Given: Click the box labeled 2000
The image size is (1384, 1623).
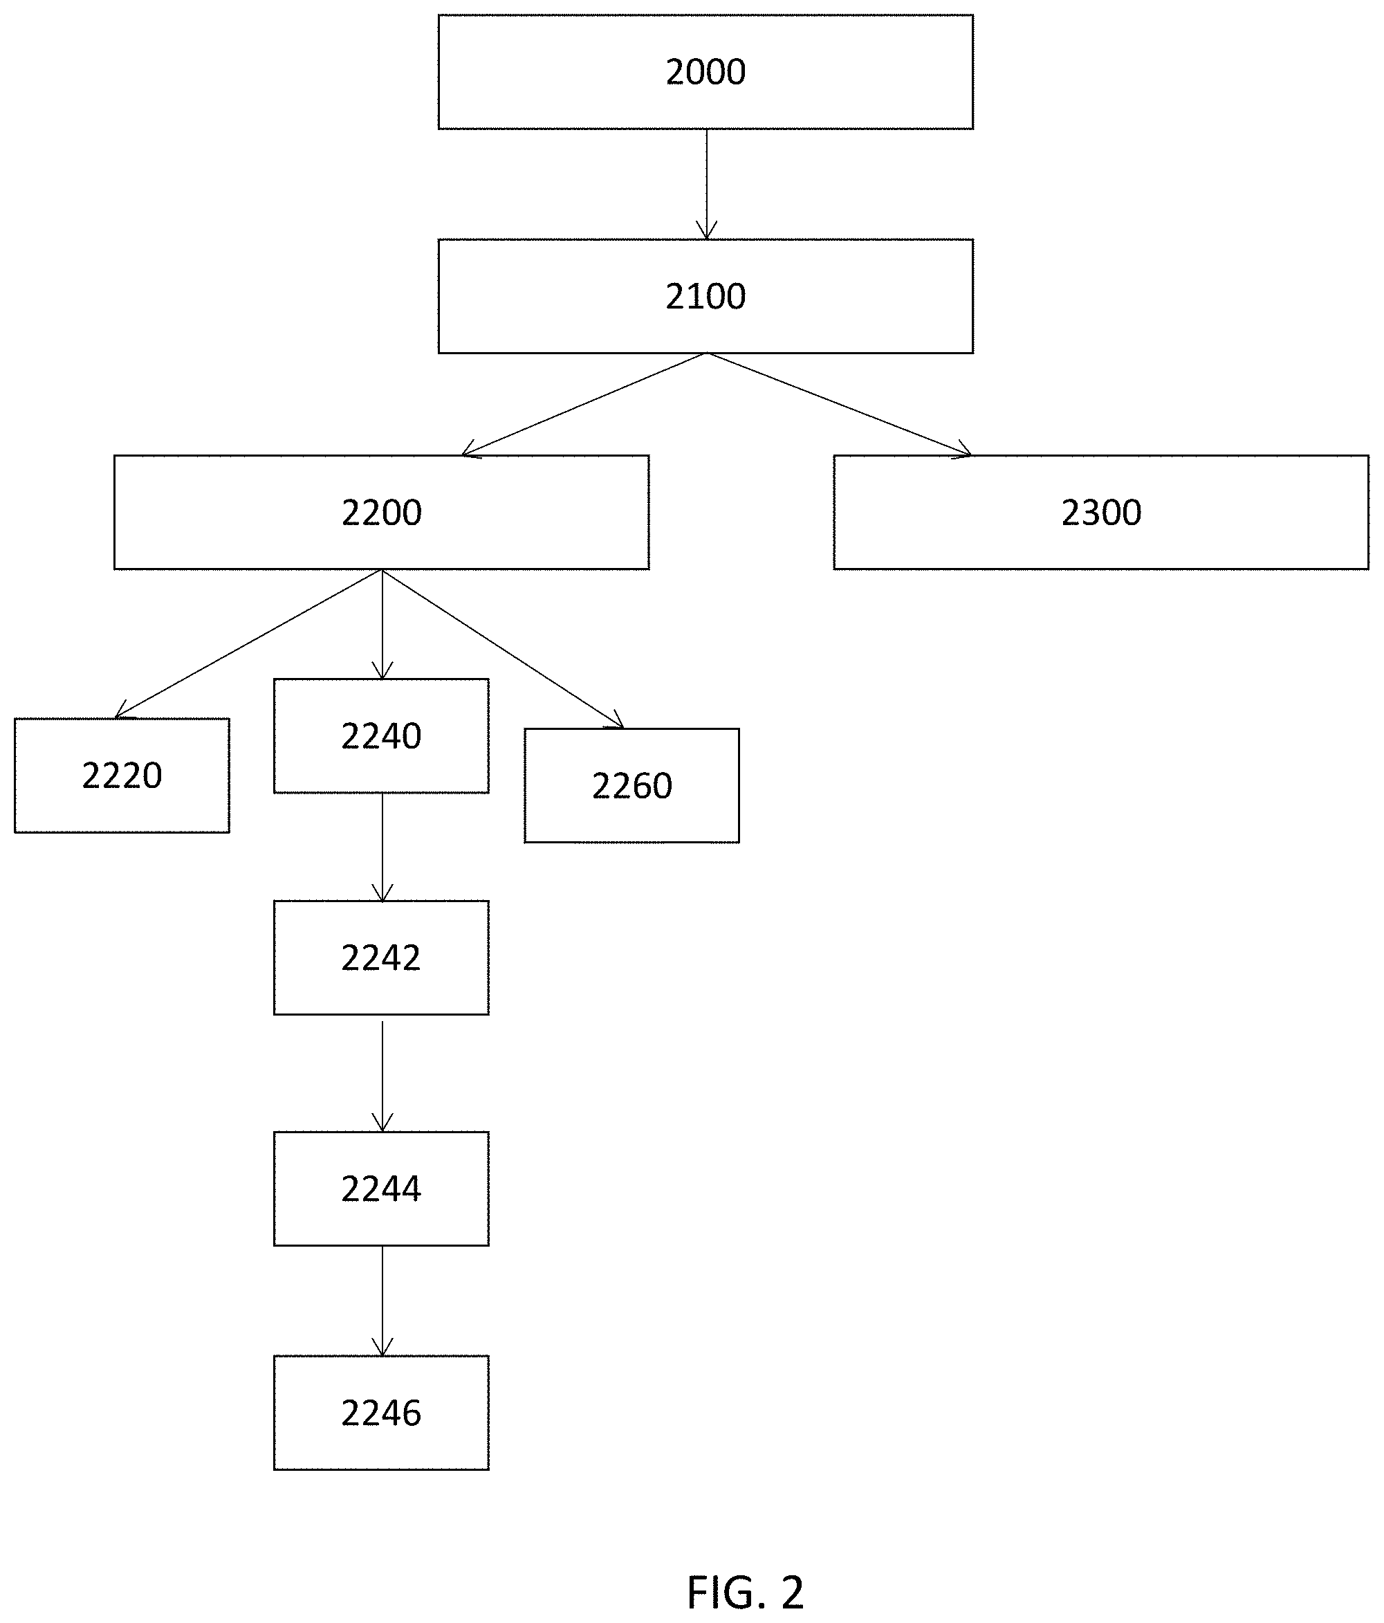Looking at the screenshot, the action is pos(705,71).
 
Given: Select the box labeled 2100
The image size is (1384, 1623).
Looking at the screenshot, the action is pos(705,296).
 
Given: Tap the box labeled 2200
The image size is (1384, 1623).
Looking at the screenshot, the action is pos(381,512).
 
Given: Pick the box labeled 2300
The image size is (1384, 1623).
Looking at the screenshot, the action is pos(1101,512).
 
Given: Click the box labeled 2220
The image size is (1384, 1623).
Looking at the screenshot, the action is pos(122,776).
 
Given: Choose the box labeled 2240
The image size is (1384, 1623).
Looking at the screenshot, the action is pos(381,735).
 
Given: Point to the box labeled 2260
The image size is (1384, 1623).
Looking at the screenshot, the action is pos(632,786).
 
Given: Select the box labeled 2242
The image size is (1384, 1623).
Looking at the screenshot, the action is pos(381,957).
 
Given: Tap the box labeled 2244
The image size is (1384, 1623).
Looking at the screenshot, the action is pos(381,1189).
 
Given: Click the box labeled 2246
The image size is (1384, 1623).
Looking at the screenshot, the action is pos(381,1412).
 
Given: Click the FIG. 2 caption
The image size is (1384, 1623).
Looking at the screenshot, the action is pos(746,1592).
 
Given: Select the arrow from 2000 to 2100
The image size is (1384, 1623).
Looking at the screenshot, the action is pos(706,184).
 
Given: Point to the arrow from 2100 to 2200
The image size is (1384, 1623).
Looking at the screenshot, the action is pos(584,404).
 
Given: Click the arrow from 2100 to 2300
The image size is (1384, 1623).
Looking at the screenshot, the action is pos(840,404).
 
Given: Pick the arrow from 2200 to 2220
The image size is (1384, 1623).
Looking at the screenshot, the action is pos(248,644).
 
